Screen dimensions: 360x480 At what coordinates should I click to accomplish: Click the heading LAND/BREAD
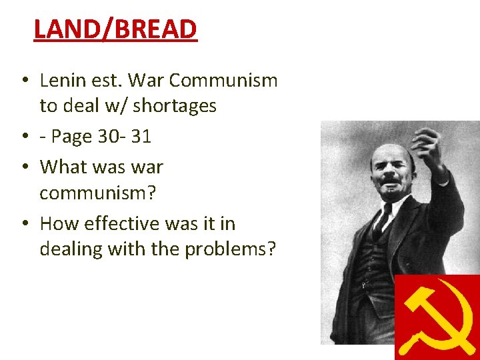tap(115, 29)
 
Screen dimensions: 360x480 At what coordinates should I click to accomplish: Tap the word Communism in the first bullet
tap(223, 81)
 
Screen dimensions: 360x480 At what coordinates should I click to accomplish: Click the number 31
tap(141, 137)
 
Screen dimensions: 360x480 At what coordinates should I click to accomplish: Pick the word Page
tap(73, 137)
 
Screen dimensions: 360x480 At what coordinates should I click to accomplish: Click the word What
tap(61, 167)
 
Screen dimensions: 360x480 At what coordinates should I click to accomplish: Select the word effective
tap(116, 223)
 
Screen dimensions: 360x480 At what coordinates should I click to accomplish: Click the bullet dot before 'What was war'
tap(23, 167)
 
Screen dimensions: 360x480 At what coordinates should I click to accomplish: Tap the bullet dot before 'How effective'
tap(23, 224)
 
